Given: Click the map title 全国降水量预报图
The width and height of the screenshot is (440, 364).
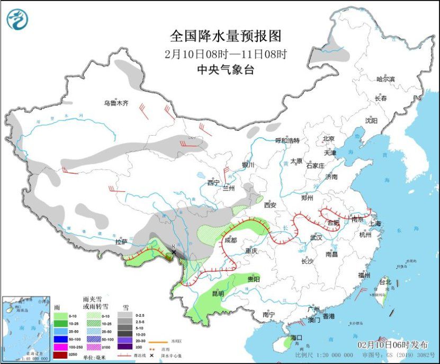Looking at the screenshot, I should (x=225, y=36).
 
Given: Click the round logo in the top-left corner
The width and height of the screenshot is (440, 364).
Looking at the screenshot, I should (x=17, y=20).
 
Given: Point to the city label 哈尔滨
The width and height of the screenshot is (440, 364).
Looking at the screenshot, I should (x=385, y=79).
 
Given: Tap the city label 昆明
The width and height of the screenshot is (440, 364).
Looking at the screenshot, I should (x=218, y=293).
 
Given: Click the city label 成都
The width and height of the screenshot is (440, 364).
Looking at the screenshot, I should (x=231, y=239).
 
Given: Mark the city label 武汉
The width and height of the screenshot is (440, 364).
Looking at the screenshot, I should (x=316, y=237).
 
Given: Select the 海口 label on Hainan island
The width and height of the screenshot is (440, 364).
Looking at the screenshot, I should (x=296, y=338).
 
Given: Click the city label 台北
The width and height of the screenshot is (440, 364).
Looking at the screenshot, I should (x=384, y=282).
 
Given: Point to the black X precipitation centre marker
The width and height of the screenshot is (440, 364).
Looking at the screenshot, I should (x=174, y=253).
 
